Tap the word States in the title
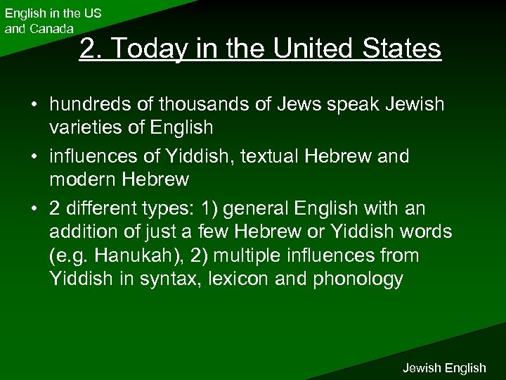tap(403, 49)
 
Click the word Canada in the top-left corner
tap(49, 29)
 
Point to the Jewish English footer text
tap(443, 367)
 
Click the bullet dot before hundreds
tap(33, 106)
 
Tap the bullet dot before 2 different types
tap(33, 209)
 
